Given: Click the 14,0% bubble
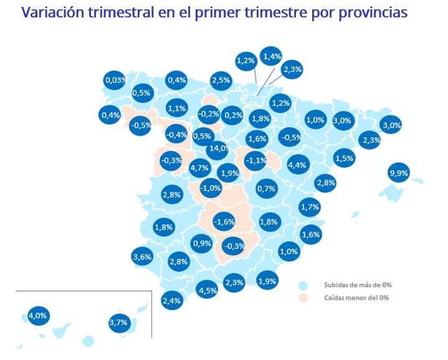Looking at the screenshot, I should [219, 148].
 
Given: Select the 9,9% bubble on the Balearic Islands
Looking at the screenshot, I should [398, 173].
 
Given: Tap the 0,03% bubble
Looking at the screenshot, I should [115, 80].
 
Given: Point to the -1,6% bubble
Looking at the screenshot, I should [224, 222].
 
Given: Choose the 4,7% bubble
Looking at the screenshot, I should [199, 168].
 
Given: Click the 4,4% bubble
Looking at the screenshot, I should [297, 165].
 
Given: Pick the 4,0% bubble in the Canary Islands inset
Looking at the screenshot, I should [38, 316].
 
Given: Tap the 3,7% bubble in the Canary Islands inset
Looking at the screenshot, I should [118, 322].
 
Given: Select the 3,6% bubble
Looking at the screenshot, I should [143, 256].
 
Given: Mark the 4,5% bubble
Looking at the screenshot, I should [207, 290].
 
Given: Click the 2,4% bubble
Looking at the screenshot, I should [171, 301].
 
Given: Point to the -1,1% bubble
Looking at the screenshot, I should [255, 160].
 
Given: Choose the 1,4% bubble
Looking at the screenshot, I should [272, 57].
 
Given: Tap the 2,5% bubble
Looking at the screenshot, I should [221, 80].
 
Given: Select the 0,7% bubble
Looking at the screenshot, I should [266, 189].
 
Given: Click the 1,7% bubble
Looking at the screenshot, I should [310, 207].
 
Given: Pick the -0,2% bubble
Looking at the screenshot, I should [208, 114].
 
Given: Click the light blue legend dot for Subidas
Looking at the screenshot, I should [303, 285].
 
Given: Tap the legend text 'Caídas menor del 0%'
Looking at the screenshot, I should [356, 298].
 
